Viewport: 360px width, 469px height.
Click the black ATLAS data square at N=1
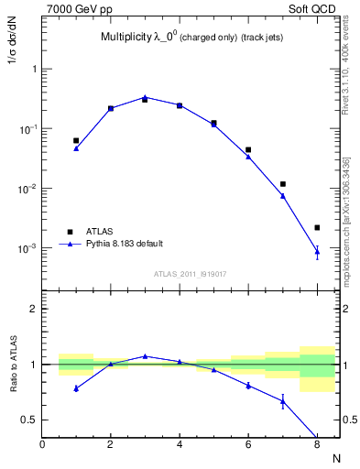click(x=76, y=141)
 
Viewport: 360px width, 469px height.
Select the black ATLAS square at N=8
click(x=317, y=227)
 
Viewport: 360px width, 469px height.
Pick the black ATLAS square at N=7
click(x=283, y=184)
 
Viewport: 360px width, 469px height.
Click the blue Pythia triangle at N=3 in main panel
click(x=145, y=97)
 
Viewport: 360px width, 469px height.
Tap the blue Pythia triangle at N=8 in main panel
click(x=317, y=251)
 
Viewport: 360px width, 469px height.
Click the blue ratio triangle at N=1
click(x=76, y=388)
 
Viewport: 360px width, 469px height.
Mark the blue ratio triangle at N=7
click(x=283, y=401)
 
